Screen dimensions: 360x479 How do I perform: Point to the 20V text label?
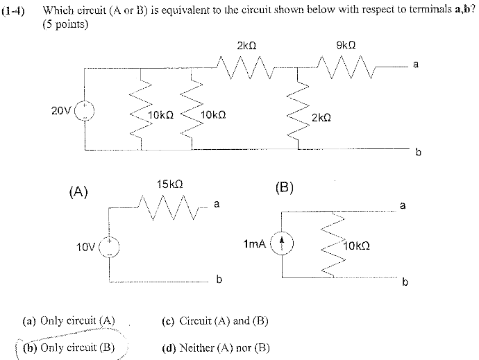click(60, 110)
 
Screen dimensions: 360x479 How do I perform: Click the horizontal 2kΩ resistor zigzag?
click(246, 68)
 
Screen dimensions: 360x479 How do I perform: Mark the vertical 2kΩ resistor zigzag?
click(300, 110)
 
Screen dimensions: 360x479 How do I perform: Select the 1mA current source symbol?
click(282, 243)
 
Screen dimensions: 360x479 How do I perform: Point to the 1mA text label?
click(254, 244)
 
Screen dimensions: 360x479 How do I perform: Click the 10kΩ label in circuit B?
click(358, 246)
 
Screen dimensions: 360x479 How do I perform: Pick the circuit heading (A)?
click(78, 191)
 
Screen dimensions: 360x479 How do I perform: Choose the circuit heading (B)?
click(285, 187)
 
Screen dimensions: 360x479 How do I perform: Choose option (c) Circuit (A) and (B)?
click(215, 321)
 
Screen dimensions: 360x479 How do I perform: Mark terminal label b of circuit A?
click(219, 280)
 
